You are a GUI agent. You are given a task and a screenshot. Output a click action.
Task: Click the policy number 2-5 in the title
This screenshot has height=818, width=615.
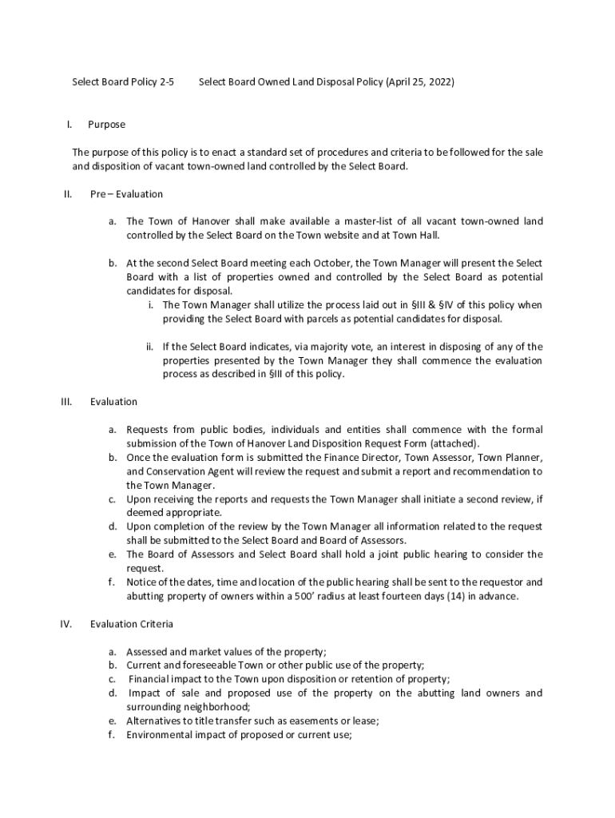167,81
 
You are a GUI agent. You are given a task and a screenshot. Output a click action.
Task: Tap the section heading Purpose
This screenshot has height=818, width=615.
106,125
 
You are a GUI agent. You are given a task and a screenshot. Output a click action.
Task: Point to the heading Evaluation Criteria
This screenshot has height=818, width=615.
132,623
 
